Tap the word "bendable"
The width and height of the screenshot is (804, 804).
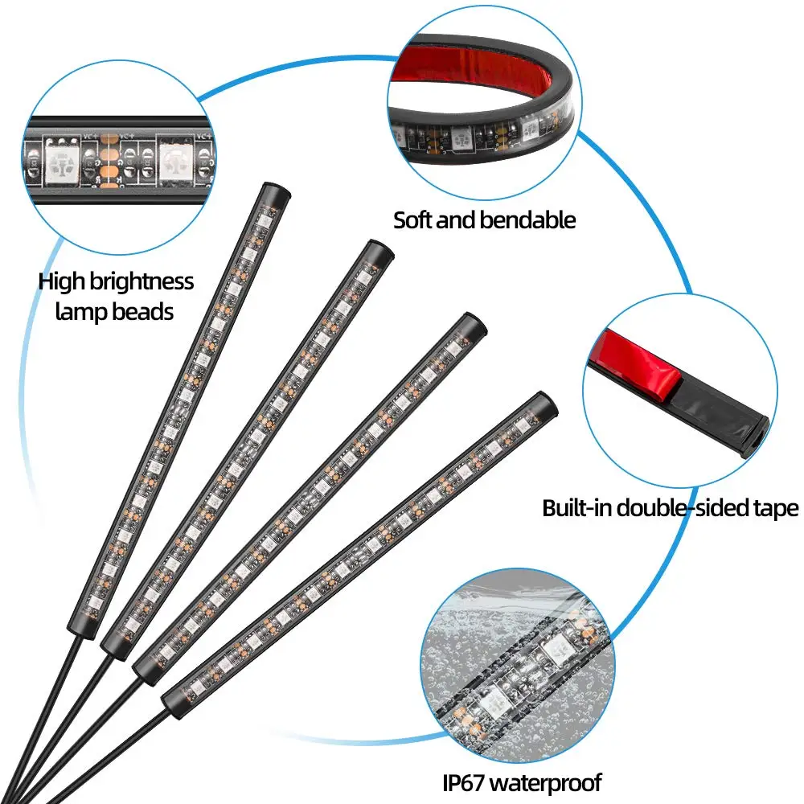click(530, 219)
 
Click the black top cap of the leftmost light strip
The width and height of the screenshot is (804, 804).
click(275, 195)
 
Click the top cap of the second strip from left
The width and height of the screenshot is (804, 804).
click(379, 250)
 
